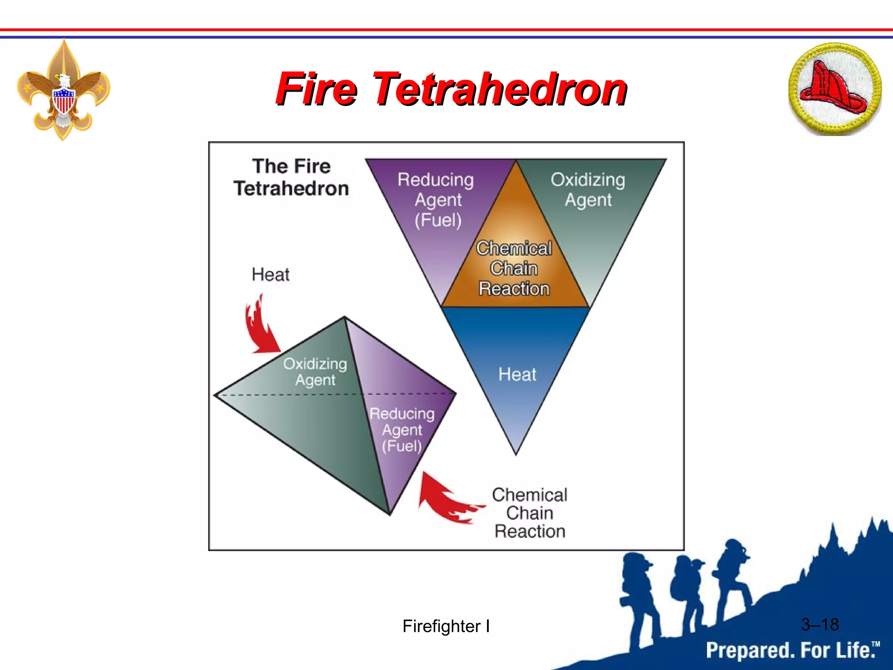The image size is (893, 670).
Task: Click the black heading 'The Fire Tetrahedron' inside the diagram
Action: [x=291, y=178]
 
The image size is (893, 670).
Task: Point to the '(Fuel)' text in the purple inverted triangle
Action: [x=438, y=220]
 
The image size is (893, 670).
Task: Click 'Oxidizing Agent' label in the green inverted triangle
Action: [x=588, y=190]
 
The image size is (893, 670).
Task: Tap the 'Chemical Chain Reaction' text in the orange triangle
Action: [x=514, y=268]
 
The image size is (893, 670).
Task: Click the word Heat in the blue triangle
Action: [x=517, y=374]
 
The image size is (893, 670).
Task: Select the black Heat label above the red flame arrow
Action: [x=270, y=275]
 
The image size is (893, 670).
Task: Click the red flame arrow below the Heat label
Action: [x=260, y=327]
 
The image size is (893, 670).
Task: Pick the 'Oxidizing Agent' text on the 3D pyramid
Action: [x=315, y=372]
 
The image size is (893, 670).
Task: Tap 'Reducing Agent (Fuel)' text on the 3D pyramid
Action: [x=402, y=430]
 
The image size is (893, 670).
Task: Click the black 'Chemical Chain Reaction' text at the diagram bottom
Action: [x=529, y=513]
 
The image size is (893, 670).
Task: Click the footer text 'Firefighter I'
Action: [x=446, y=626]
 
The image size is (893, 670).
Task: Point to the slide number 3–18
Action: [x=820, y=625]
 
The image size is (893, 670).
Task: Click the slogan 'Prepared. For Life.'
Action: [x=791, y=650]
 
